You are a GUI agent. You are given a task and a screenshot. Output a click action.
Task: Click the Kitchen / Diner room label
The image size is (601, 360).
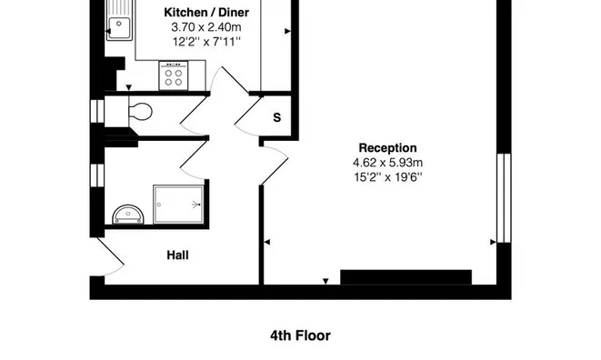pos(206,13)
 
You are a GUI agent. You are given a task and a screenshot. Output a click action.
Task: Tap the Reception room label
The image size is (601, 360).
pos(387,148)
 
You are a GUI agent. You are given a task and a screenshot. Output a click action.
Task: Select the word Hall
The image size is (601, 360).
pos(177,255)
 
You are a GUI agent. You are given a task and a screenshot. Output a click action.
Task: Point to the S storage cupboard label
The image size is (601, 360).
pos(276,117)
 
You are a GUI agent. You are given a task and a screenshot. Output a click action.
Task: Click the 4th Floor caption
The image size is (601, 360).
pos(300,335)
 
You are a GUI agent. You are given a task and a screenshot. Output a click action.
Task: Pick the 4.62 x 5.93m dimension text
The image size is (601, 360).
pos(387,163)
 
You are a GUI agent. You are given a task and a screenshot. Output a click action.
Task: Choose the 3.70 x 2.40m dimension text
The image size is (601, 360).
pos(206,27)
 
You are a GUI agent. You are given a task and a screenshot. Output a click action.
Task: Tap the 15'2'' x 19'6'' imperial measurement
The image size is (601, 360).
pos(387,177)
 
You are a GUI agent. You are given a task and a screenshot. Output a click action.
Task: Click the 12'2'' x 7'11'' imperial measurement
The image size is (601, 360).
pos(206,42)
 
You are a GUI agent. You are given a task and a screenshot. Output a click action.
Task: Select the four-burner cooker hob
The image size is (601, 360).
pos(174,76)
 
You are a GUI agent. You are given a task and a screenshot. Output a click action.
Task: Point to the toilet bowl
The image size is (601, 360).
pos(140,112)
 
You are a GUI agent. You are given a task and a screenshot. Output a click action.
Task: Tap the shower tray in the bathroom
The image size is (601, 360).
pos(178,205)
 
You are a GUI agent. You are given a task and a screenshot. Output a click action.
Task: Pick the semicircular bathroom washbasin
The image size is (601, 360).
pos(128,215)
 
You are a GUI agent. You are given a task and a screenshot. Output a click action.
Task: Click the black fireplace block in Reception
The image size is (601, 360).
pos(406,277)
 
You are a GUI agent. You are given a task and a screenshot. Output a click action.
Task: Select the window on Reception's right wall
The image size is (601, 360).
pos(504,198)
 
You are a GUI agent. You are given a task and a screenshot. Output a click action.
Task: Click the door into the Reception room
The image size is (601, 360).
pos(275,165)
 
